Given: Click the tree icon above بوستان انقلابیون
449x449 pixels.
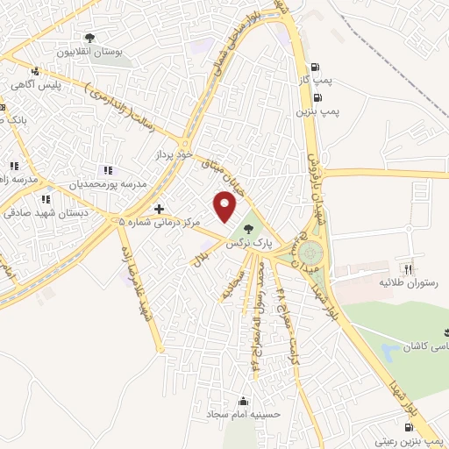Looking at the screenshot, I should coord(89,38).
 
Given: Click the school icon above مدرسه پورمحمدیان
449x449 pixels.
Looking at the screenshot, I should coord(107,170).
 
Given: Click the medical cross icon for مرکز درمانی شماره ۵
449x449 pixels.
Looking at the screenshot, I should coord(159,209).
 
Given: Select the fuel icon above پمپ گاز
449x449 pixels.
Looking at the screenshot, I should coord(316,67).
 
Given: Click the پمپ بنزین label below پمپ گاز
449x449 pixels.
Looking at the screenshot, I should coord(316,111).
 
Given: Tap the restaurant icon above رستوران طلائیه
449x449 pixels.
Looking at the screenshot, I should coord(406,269).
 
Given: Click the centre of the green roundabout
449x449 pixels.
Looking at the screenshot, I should coord(310,253).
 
